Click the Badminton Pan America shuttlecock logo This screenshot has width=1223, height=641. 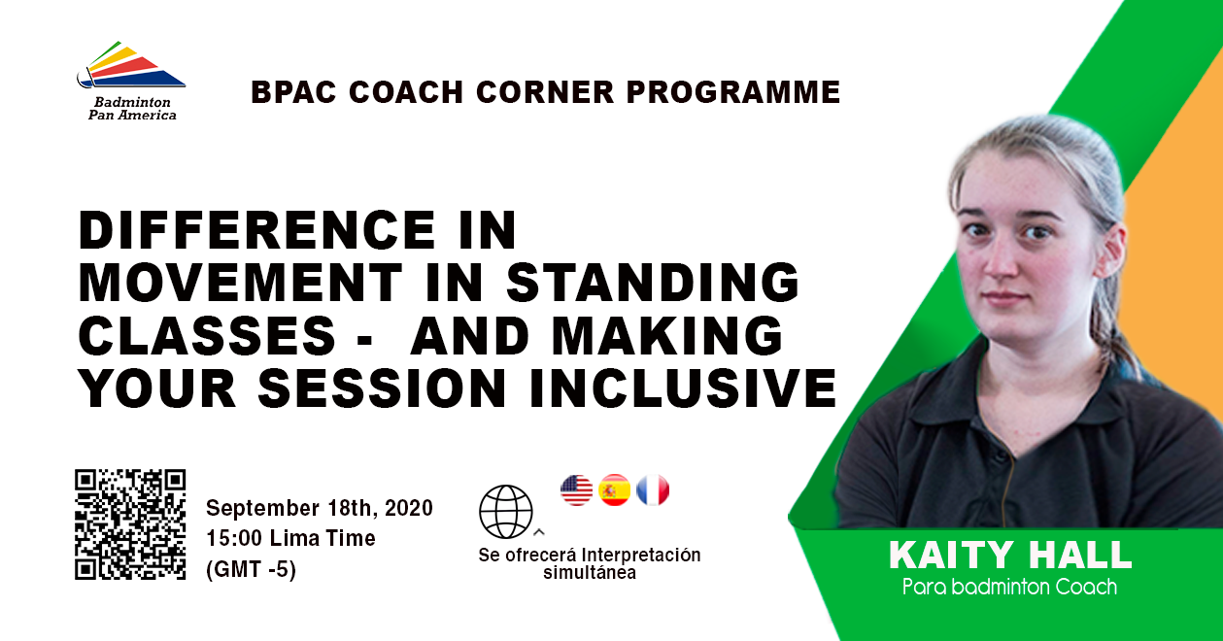point(131,64)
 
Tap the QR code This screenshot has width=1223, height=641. point(130,524)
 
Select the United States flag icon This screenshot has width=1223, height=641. point(577,489)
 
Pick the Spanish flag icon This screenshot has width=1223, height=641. point(615,489)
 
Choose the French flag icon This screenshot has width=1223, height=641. point(653,489)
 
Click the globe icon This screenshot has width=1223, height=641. point(506,512)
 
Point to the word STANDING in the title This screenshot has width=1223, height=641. point(653,283)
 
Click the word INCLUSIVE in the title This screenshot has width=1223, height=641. point(683,388)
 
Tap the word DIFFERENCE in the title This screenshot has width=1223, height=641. point(256,230)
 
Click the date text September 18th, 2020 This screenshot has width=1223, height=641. point(320,508)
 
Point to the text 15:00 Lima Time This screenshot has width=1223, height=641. point(290,538)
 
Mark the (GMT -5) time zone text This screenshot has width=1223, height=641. point(252,569)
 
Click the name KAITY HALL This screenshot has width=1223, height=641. point(1010,555)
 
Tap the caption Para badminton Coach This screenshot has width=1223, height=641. point(1009,587)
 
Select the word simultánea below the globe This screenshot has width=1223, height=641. point(590,573)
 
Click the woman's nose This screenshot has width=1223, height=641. point(1002,263)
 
